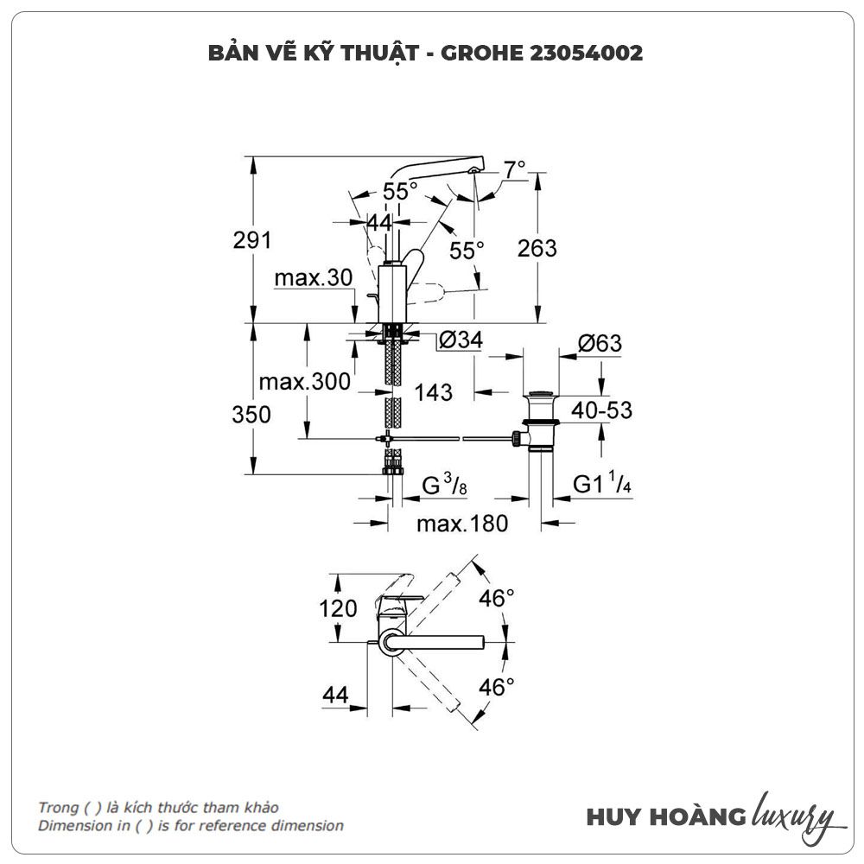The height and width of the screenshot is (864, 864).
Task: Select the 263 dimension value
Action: point(537,248)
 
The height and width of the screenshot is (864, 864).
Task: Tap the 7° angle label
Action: point(515,169)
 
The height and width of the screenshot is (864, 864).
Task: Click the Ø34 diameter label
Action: point(459,341)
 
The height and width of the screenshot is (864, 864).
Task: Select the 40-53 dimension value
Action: point(600,410)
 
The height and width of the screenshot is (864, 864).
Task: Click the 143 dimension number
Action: point(433,392)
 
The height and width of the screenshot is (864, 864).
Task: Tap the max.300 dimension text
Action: point(304,381)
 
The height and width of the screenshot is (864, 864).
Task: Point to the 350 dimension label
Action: point(251,415)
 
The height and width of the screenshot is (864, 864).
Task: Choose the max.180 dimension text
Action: point(461,523)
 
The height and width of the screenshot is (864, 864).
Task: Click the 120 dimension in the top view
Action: point(338,608)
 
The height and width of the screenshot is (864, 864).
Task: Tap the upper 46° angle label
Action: point(497,597)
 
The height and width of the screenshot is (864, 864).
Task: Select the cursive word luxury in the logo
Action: point(793,815)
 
